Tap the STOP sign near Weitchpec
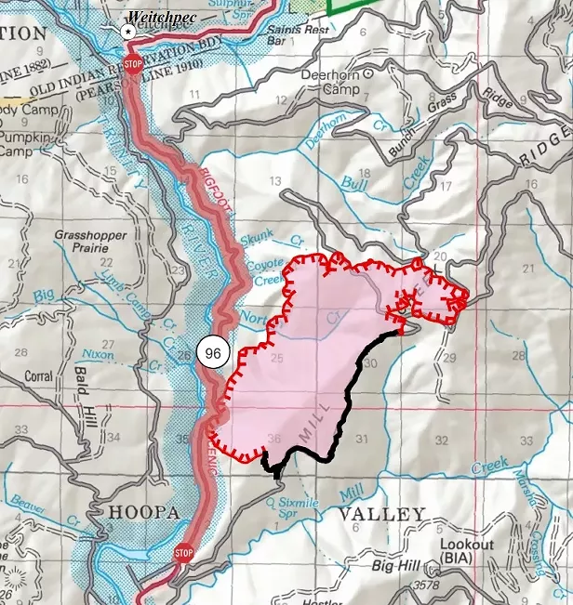coord(133,66)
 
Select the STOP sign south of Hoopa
coord(183,555)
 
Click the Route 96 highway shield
coord(212,352)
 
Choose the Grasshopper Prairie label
coord(90,243)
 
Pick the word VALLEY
coord(381,514)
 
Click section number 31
coord(363,440)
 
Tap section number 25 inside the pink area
coord(275,358)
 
